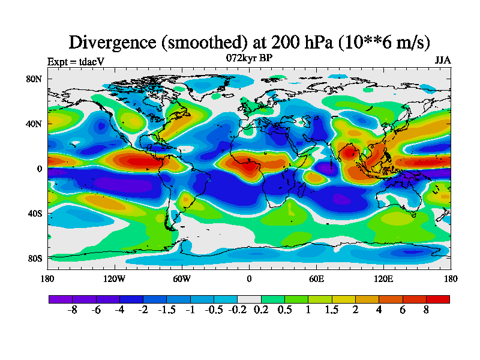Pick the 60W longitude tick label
[x=182, y=278]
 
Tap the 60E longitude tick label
[x=316, y=278]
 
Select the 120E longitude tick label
[x=383, y=278]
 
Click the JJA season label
[x=443, y=61]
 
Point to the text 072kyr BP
[x=248, y=58]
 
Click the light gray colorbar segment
[x=249, y=299]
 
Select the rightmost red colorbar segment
[x=437, y=299]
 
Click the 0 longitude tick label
[x=249, y=278]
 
